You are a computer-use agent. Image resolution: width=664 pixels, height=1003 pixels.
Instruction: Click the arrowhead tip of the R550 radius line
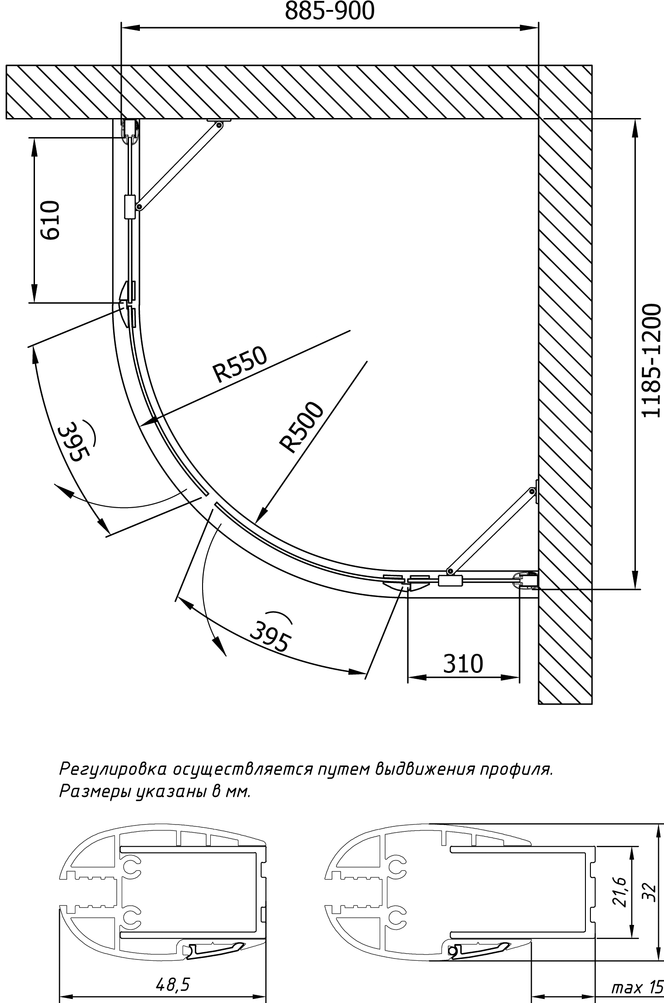[141, 425]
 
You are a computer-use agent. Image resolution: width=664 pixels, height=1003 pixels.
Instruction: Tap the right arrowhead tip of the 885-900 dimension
[538, 28]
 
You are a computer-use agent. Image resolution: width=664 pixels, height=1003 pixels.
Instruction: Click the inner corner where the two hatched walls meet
[538, 119]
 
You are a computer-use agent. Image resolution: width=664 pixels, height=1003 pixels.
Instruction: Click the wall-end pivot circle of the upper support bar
[219, 124]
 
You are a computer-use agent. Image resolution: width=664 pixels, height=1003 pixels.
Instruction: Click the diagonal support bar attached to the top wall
[179, 165]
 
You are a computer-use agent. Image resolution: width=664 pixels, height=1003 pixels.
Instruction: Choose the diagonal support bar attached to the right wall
[491, 531]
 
